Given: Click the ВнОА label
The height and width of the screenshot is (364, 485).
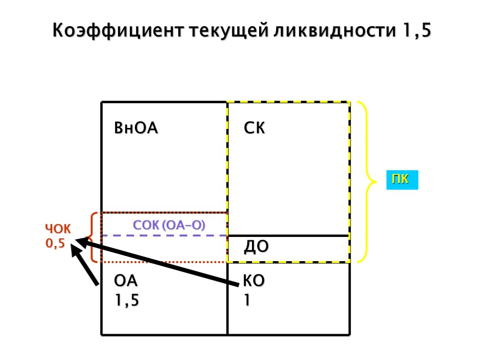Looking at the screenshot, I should [136, 128].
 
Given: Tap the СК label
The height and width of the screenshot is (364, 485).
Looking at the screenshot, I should [254, 128].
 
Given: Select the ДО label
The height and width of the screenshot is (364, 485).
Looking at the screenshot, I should [256, 246].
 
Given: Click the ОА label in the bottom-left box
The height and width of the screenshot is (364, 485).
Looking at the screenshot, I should [126, 281].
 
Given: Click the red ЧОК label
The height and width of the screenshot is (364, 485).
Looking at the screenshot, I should [58, 229].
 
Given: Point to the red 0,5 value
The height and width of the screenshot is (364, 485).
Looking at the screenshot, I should [55, 244].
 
